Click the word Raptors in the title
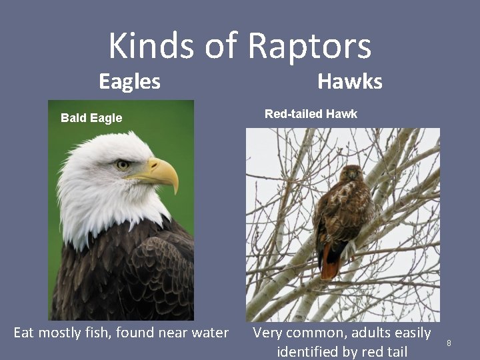point(309,47)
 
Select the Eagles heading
point(129,81)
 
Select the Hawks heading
point(350,81)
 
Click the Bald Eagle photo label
point(91,118)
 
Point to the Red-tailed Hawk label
point(311,114)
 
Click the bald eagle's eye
point(122,164)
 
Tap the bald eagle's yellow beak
point(163,173)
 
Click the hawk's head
point(351,175)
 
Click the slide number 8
point(449,343)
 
